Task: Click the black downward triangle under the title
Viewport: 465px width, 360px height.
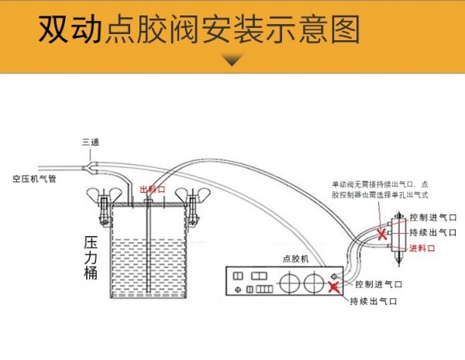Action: click(232, 60)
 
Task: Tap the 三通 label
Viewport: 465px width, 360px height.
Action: click(91, 142)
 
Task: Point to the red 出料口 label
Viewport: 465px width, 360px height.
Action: click(153, 189)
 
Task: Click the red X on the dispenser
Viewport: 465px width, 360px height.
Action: click(333, 289)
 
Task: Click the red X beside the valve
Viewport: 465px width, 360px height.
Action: click(382, 232)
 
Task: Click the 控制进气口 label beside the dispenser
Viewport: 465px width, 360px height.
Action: click(377, 284)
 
